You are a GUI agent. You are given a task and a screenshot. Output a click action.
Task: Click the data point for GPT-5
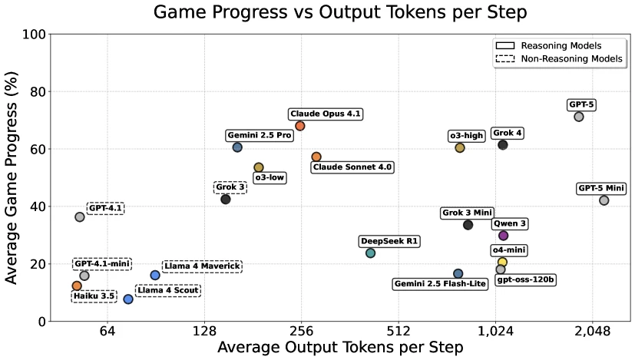coord(579,117)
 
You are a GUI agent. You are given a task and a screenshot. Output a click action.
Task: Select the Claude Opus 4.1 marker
coord(300,126)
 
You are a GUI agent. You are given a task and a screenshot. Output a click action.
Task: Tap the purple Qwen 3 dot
coord(504,236)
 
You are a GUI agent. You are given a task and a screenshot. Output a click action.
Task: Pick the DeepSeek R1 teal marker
coord(371,253)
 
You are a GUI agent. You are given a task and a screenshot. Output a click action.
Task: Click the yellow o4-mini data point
coord(503,263)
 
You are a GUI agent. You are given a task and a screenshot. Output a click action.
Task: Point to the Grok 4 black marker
coord(503,145)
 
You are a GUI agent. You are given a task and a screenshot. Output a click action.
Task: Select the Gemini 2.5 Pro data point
coord(237,147)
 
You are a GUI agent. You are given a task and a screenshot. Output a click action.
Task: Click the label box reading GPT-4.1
coord(105,208)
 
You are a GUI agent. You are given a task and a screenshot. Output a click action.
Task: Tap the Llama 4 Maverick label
coord(203,266)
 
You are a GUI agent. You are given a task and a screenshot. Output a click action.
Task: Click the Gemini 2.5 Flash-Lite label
coord(440,284)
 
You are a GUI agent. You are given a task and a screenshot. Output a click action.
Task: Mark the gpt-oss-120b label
coord(526,280)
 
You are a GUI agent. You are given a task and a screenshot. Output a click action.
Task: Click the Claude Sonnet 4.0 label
coord(352,167)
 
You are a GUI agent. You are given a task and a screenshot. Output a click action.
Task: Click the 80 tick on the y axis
coord(34,92)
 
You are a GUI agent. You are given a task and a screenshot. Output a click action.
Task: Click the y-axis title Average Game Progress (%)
coord(12,177)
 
